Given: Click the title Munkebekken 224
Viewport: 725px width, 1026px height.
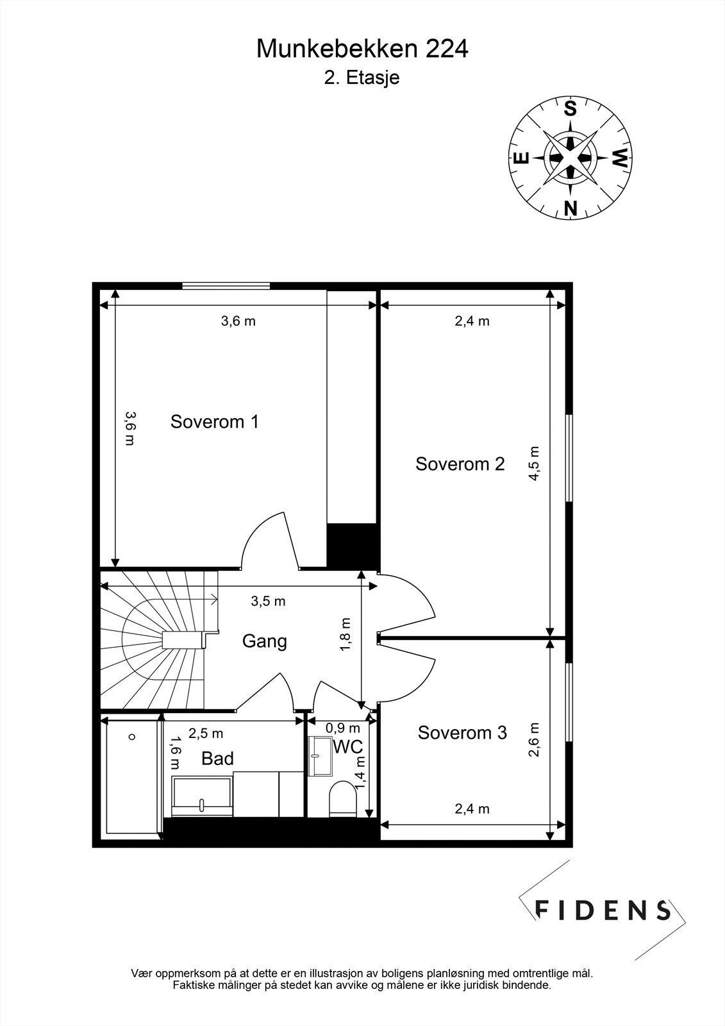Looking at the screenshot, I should [362, 49].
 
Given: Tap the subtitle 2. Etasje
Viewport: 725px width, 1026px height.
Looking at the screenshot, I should [362, 78].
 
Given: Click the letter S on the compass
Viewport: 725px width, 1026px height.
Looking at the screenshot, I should [570, 109].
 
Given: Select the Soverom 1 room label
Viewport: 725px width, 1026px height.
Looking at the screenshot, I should [214, 422].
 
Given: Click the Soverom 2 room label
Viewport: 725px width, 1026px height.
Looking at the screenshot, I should [460, 464].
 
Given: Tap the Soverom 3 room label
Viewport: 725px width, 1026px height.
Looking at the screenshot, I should [462, 732].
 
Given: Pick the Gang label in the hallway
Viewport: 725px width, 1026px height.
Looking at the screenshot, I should [264, 641].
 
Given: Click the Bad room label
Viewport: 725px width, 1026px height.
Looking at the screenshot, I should [217, 759].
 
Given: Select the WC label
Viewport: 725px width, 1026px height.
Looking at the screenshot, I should [348, 746].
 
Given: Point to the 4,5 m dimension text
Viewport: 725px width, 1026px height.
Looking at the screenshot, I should [535, 463].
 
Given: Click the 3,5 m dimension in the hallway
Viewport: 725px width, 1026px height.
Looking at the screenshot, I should [268, 601].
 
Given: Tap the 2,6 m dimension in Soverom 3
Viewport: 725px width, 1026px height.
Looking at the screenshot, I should [534, 740].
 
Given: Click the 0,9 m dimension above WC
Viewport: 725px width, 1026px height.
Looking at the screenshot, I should [342, 728].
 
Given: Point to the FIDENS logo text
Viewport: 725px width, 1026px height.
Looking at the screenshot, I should [603, 910].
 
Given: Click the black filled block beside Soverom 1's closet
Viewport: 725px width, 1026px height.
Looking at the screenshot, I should [351, 546].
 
